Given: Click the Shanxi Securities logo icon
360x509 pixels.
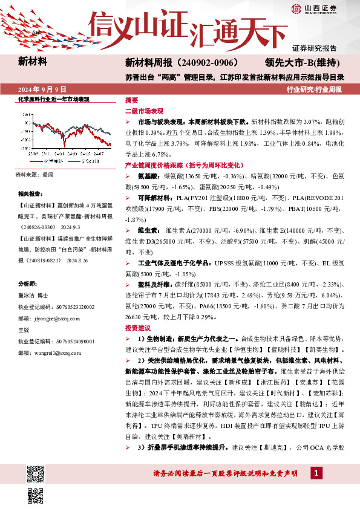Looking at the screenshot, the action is [296, 8].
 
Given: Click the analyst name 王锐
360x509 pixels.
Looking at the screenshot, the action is [24, 329].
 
